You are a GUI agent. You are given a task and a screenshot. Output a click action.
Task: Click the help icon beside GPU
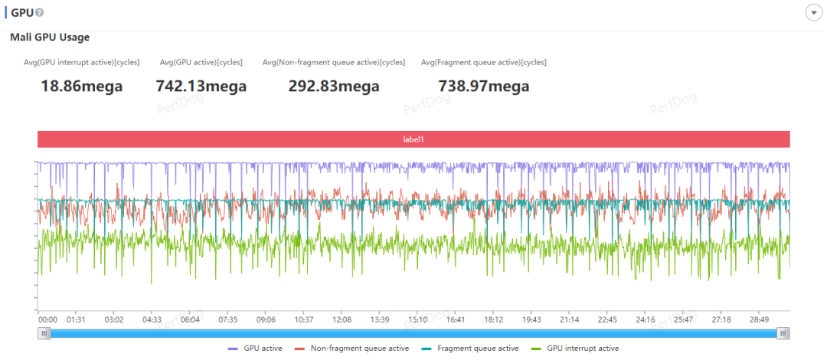tap(39, 12)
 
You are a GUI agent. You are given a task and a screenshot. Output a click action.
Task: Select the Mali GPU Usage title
tap(50, 38)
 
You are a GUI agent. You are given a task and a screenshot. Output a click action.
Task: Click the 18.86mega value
tap(82, 86)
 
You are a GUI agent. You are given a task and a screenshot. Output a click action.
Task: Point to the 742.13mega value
tap(201, 86)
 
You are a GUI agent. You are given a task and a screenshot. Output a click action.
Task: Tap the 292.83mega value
tap(334, 86)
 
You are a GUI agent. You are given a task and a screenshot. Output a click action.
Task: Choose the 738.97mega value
tap(484, 86)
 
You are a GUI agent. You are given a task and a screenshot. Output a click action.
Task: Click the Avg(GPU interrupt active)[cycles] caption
tap(82, 62)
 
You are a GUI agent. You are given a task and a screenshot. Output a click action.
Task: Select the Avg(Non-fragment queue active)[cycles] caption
tap(334, 62)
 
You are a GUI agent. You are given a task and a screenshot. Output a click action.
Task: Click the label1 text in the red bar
tap(413, 139)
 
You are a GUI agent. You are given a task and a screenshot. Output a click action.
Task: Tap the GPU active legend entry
tap(255, 349)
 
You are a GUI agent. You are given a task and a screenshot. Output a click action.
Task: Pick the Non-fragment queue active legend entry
tap(351, 349)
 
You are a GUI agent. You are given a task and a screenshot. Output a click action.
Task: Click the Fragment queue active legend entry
tap(470, 349)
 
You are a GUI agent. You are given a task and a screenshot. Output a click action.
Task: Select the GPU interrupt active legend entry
tap(575, 349)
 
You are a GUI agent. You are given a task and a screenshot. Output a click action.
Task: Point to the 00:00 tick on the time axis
tap(47, 320)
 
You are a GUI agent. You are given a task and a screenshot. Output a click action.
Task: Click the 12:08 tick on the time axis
tap(342, 320)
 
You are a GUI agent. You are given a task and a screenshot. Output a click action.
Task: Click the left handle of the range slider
tap(44, 333)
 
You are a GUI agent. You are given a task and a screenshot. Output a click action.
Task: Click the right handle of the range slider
tap(784, 333)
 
